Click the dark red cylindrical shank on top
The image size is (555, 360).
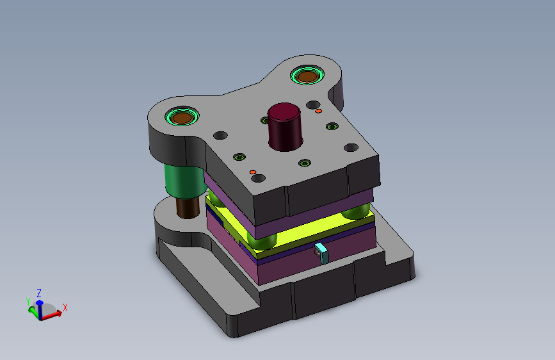click(x=285, y=127)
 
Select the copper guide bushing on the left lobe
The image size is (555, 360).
click(x=182, y=117)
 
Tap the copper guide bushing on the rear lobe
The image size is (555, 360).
click(x=307, y=76)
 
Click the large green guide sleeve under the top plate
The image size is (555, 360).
click(x=185, y=181)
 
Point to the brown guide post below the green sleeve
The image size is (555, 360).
click(x=188, y=208)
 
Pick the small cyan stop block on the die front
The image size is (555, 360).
click(x=322, y=253)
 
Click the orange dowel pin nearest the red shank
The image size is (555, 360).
click(x=319, y=111)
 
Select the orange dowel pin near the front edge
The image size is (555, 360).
click(x=253, y=172)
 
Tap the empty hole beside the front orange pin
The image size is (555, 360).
click(x=259, y=178)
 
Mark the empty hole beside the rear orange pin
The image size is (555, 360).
click(x=313, y=105)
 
